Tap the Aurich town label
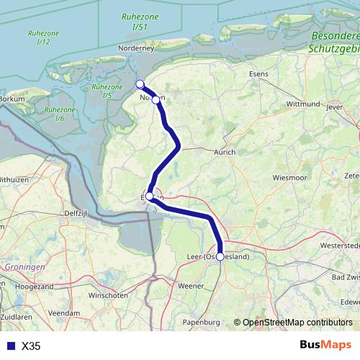pos(225,152)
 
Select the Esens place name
pos(258,73)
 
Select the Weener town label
pos(191,286)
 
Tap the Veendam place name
pos(65,314)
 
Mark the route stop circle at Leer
pos(220,256)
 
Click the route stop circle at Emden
pos(149,196)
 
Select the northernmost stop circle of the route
pos(140,84)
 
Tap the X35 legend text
pos(31,346)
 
